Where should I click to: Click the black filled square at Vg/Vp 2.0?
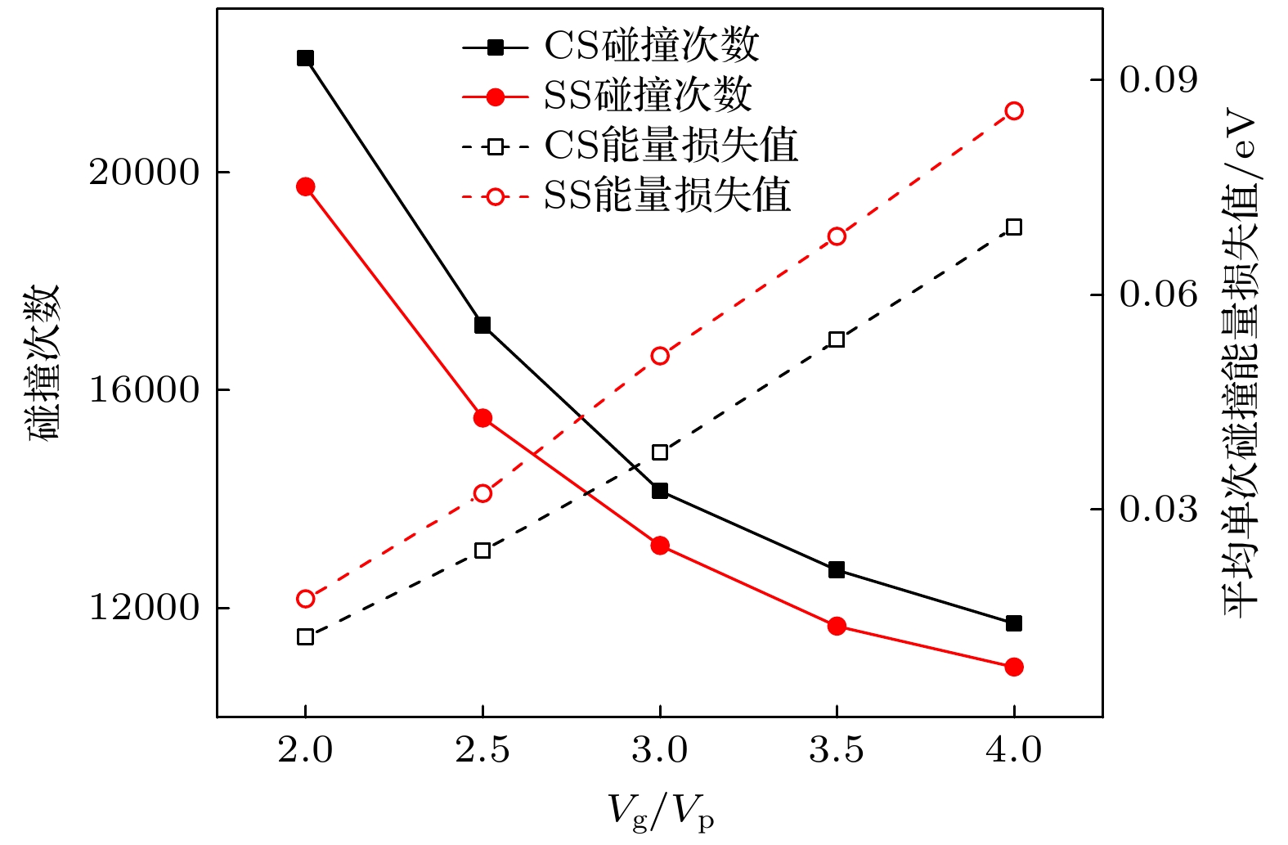click(x=305, y=58)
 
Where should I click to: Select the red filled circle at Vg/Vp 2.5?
click(x=482, y=418)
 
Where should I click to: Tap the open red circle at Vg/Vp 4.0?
click(x=1014, y=111)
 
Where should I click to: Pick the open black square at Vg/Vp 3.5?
click(x=837, y=339)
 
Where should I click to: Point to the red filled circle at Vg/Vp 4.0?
click(x=1014, y=667)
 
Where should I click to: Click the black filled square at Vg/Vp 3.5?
click(x=837, y=570)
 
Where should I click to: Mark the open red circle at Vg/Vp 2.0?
click(x=305, y=599)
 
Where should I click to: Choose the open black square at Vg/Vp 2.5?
click(x=482, y=551)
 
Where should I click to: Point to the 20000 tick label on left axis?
click(x=144, y=173)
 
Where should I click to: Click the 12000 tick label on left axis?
click(x=144, y=609)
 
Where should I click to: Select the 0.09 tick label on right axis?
click(x=1157, y=80)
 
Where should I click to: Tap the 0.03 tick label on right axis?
click(x=1157, y=510)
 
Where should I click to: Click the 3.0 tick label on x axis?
click(x=659, y=750)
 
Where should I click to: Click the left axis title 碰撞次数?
click(x=45, y=363)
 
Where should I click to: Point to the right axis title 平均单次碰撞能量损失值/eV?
click(x=1241, y=365)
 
